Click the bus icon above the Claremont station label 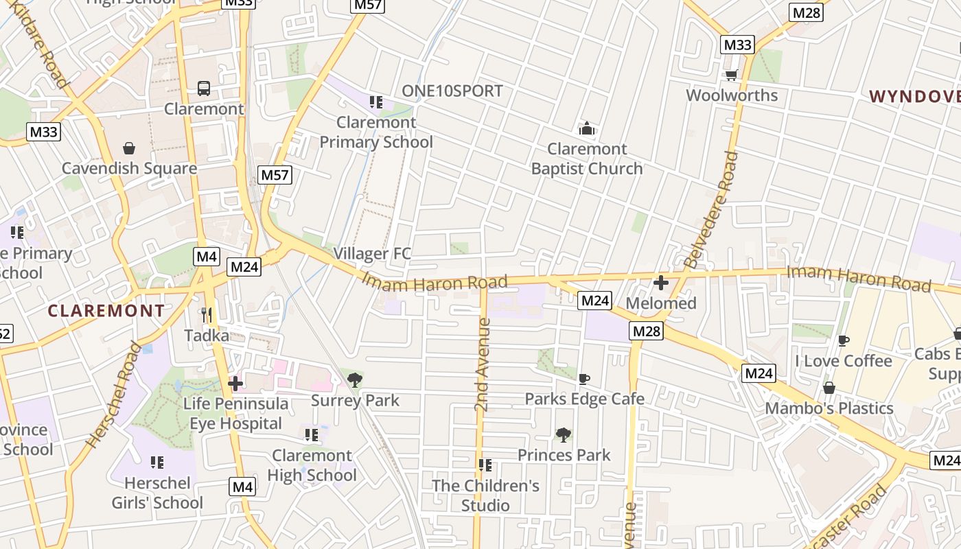coord(204,89)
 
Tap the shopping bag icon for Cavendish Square coord(128,148)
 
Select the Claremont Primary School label coord(376,132)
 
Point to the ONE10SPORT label coord(452,91)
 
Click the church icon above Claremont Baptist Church coord(586,128)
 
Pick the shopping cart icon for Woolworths coord(732,75)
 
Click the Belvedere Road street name coord(710,209)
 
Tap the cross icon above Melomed coord(661,282)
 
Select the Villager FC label coord(372,254)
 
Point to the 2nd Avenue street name coord(483,364)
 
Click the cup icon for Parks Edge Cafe coord(583,379)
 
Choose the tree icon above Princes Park coord(564,434)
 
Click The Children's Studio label coord(485,495)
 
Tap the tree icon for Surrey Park coord(355,379)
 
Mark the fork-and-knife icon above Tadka coord(206,315)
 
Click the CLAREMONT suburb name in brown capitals coord(106,311)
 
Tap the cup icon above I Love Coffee coord(844,340)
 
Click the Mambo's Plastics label coord(829,408)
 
